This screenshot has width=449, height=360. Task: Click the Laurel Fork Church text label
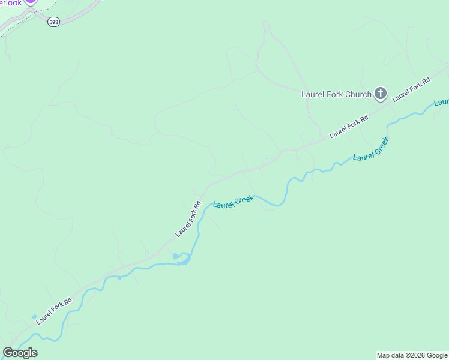pyautogui.click(x=336, y=94)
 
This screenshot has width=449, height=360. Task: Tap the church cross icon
pyautogui.click(x=380, y=93)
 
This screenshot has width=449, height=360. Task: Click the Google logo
pyautogui.click(x=20, y=352)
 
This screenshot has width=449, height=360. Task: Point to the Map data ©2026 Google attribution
pyautogui.click(x=412, y=355)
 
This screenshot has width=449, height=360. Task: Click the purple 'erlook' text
pyautogui.click(x=10, y=3)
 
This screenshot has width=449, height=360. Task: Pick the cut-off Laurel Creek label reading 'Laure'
pyautogui.click(x=442, y=101)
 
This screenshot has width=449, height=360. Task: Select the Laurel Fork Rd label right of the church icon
pyautogui.click(x=412, y=89)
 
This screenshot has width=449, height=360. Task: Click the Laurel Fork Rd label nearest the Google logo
pyautogui.click(x=54, y=311)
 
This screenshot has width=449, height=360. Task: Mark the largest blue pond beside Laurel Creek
pyautogui.click(x=182, y=259)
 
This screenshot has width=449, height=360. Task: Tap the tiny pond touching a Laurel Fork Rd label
pyautogui.click(x=34, y=317)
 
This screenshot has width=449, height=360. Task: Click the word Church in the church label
pyautogui.click(x=358, y=94)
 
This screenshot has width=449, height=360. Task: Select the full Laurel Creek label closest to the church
pyautogui.click(x=372, y=149)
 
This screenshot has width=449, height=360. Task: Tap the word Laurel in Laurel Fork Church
pyautogui.click(x=312, y=94)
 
